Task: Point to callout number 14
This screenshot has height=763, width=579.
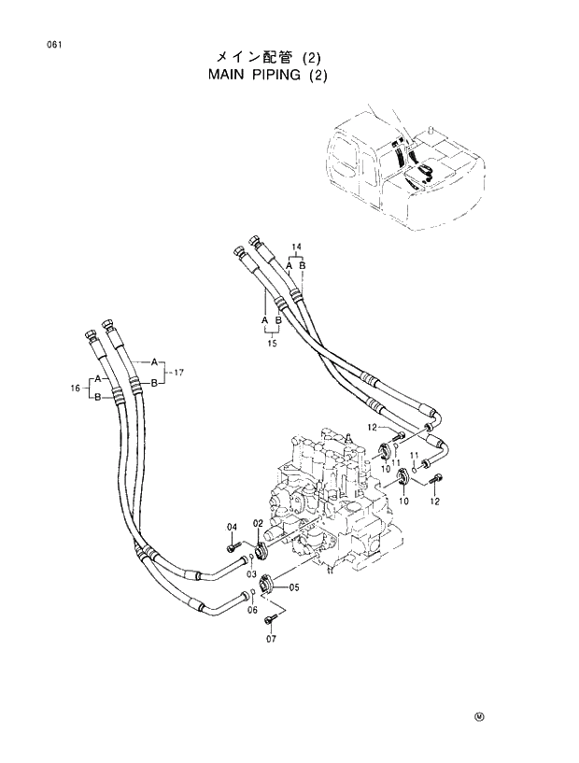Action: pyautogui.click(x=296, y=247)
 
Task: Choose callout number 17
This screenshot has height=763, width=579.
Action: pyautogui.click(x=178, y=372)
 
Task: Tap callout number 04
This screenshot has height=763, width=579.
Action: pyautogui.click(x=233, y=528)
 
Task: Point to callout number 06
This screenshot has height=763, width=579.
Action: pyautogui.click(x=252, y=610)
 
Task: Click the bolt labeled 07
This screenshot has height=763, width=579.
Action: pyautogui.click(x=272, y=617)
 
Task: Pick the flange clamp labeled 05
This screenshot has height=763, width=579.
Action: pyautogui.click(x=264, y=584)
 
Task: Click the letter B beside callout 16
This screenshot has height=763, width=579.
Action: pyautogui.click(x=97, y=396)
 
